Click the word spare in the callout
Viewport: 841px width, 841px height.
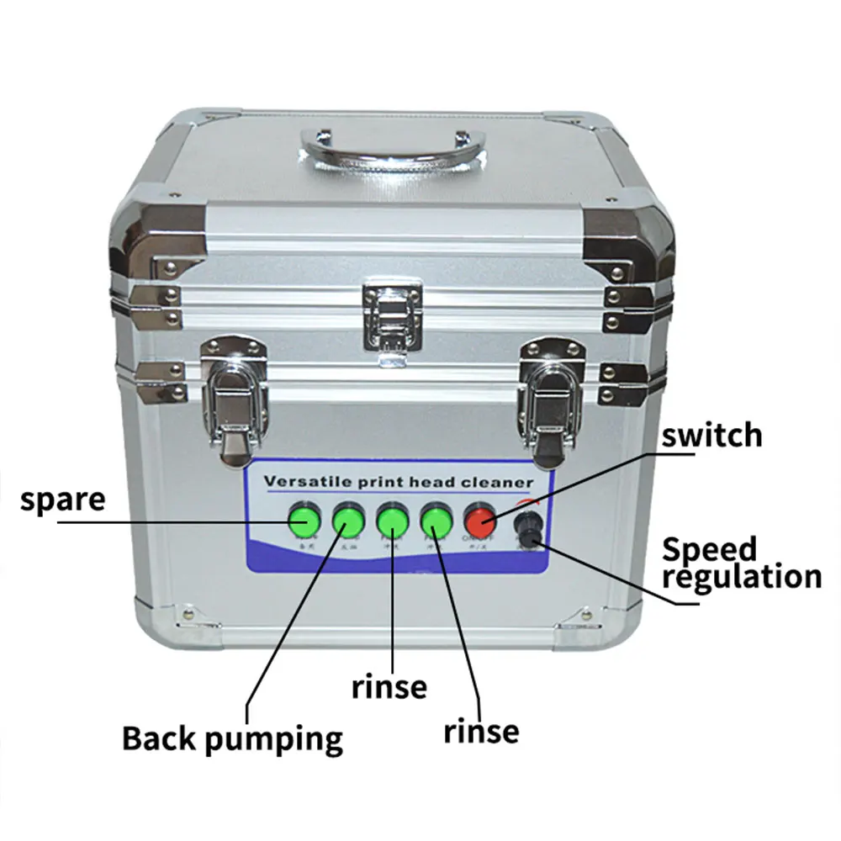pos(63,500)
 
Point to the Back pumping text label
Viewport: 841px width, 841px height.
pos(232,739)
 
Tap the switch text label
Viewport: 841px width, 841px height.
pos(711,435)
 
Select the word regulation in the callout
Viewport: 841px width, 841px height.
pos(741,578)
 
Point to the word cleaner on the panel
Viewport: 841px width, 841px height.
pos(502,482)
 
